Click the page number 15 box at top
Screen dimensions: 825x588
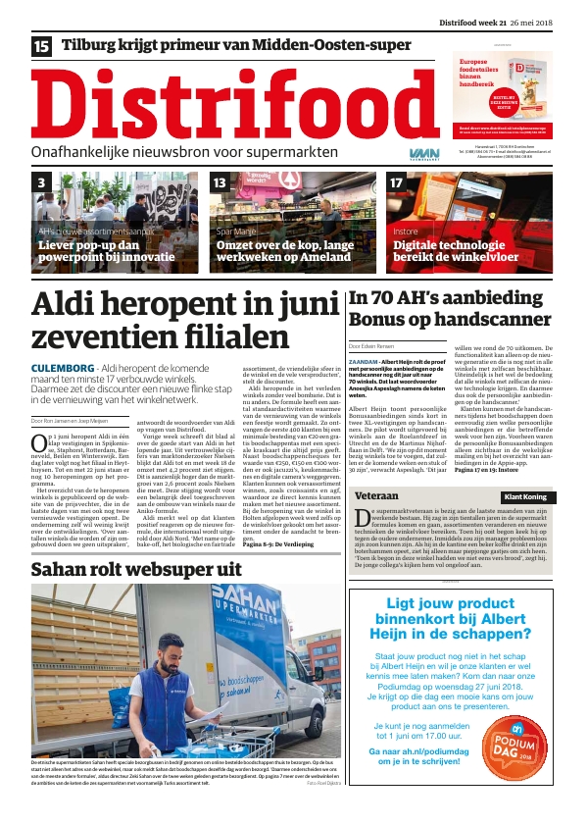tap(41, 45)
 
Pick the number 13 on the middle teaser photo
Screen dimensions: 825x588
tap(220, 182)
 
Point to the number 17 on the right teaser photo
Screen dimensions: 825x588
tap(397, 182)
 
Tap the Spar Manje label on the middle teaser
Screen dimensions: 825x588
tap(236, 232)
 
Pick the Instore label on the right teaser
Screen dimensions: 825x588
tap(406, 232)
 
